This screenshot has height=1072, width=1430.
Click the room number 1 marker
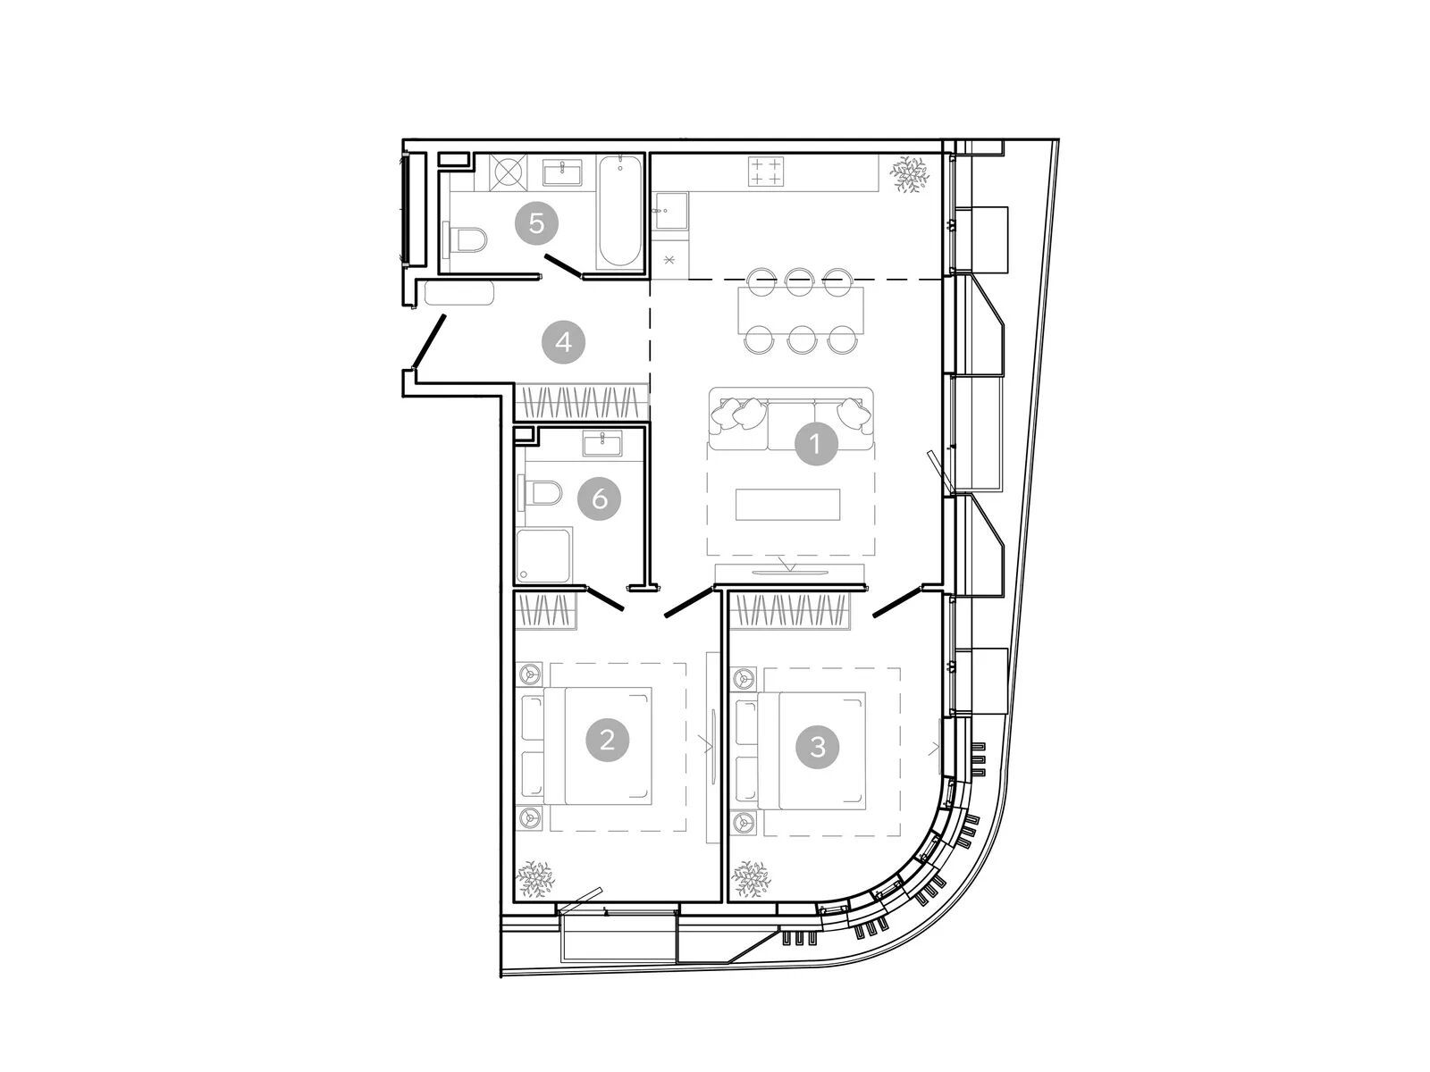click(x=814, y=444)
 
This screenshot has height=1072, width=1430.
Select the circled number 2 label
click(x=607, y=740)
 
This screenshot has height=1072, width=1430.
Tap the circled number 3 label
click(x=818, y=747)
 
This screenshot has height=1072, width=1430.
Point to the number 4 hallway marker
click(x=564, y=342)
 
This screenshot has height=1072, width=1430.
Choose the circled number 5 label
click(x=536, y=223)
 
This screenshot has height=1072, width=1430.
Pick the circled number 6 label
click(x=600, y=499)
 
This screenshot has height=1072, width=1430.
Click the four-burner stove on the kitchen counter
click(x=765, y=172)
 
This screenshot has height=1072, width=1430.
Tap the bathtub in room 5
click(x=618, y=213)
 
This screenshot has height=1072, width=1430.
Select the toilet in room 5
click(x=465, y=239)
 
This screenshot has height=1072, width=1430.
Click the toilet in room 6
click(x=540, y=493)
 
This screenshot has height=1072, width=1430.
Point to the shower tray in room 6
click(x=544, y=555)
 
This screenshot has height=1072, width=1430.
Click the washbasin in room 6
click(x=602, y=444)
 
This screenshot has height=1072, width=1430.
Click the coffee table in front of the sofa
click(x=787, y=505)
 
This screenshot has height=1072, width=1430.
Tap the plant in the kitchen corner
click(x=910, y=174)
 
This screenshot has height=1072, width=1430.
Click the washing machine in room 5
click(x=510, y=173)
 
